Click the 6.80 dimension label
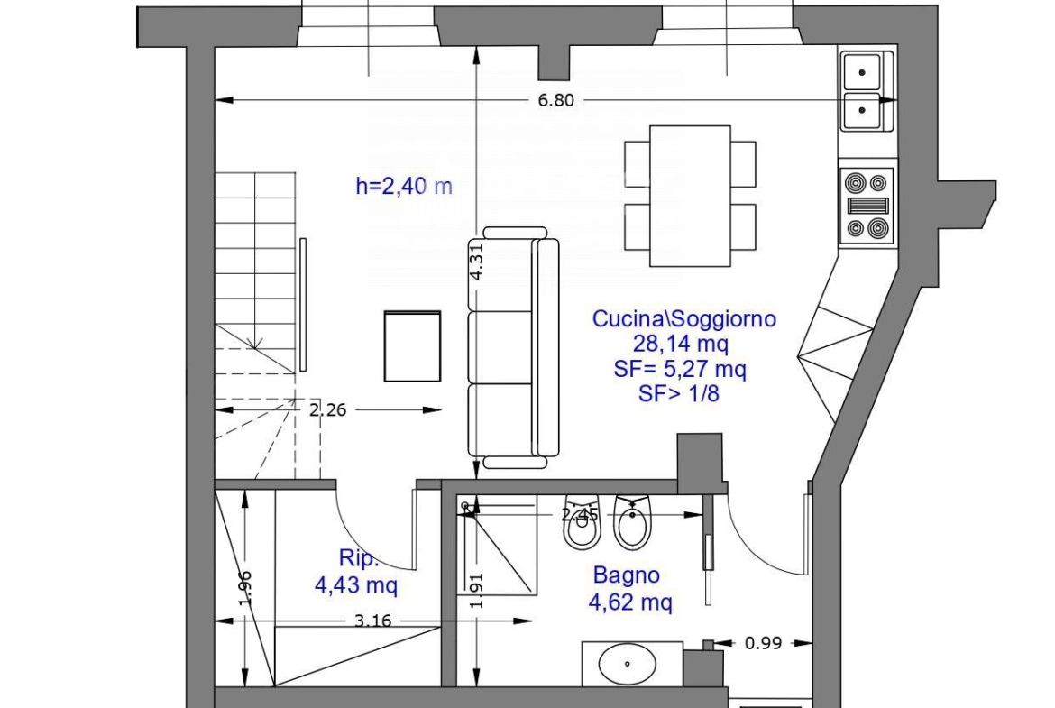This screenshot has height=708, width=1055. point(555,100)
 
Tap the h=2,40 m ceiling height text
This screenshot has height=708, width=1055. point(404,186)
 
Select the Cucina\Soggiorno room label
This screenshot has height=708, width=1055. point(683,318)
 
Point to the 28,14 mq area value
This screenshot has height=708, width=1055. point(680,344)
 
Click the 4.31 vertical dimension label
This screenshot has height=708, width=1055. point(476,262)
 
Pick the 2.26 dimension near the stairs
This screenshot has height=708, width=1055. point(327,409)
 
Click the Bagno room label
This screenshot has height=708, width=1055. point(627,575)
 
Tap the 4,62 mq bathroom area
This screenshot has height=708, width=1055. point(630,602)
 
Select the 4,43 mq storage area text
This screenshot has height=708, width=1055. point(356,584)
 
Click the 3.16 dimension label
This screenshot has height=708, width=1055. point(372,621)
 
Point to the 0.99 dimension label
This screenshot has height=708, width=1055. point(763,643)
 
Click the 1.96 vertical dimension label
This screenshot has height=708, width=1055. point(245,588)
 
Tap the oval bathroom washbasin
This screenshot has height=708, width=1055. point(627,664)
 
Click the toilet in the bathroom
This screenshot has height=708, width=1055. point(582,522)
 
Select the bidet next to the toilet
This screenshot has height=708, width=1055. point(632,522)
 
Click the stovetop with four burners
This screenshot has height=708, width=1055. point(867,206)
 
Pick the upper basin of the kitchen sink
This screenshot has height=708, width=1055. point(862,72)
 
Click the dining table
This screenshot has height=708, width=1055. point(690,196)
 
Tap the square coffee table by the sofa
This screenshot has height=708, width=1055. point(412,346)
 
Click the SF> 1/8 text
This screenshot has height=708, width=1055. point(679,394)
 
